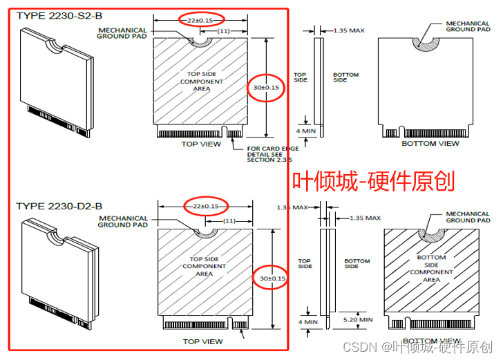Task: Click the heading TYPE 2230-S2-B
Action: (59, 15)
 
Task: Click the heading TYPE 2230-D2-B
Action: (59, 206)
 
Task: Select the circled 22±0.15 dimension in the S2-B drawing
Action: (200, 20)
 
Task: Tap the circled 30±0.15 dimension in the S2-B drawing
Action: (266, 88)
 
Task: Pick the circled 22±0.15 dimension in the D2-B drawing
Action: (205, 206)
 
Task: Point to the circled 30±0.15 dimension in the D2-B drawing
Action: (269, 278)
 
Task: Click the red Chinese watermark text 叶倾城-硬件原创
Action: (373, 181)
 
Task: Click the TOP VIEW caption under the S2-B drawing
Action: (201, 144)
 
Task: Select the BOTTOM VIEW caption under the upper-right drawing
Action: (430, 144)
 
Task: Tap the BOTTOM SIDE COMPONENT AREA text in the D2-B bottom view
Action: (431, 269)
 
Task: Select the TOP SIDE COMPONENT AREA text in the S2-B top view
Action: (202, 82)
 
